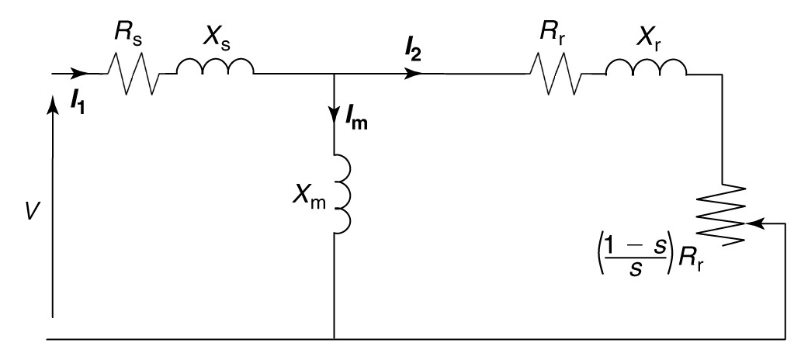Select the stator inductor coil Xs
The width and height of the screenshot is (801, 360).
click(x=215, y=69)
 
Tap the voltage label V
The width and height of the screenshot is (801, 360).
click(x=29, y=211)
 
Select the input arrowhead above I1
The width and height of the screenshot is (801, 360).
click(x=79, y=74)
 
